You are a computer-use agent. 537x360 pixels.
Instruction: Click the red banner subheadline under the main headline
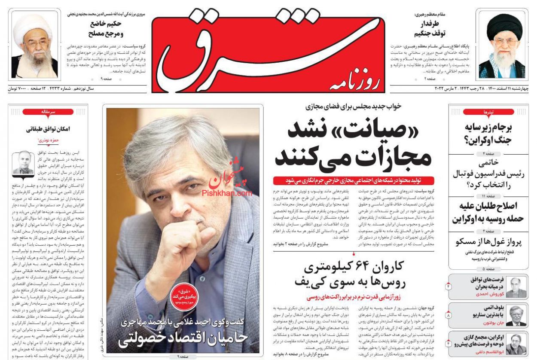(353, 180)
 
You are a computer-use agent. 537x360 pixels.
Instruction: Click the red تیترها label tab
(488, 112)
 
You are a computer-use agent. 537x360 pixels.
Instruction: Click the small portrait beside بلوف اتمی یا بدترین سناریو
(516, 316)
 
